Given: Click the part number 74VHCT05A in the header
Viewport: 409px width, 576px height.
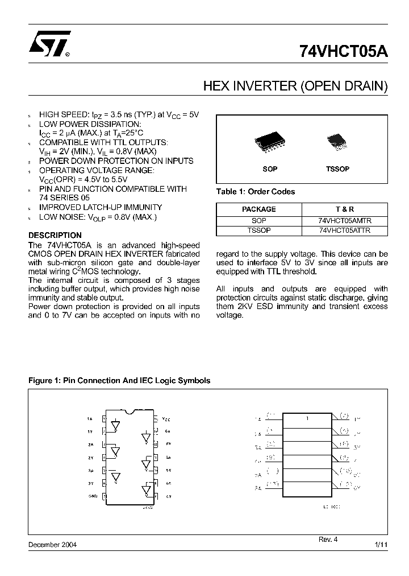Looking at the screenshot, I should [344, 52].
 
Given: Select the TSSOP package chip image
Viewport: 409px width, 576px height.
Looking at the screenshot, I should [337, 142].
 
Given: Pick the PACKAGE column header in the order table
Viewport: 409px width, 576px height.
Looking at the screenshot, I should [258, 209].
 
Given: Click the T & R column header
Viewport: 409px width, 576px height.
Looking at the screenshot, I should [345, 209].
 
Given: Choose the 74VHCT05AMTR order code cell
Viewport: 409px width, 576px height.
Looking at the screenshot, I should [345, 220].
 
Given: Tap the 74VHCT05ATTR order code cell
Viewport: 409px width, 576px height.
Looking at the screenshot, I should [345, 231].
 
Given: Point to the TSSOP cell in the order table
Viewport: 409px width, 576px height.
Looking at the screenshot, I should [258, 231].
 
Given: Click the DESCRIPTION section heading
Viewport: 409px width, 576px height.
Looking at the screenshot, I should [55, 235].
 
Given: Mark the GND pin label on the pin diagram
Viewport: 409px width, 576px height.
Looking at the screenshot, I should [94, 496].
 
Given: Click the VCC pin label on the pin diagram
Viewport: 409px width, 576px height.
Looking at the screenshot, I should [166, 418].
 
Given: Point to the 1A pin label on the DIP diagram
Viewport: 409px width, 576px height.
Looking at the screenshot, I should [90, 418].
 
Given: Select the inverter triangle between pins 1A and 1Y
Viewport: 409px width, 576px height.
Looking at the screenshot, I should [116, 425].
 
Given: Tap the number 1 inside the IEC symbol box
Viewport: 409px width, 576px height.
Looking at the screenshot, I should [307, 418].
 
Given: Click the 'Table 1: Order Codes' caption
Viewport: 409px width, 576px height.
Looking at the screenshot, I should [256, 192].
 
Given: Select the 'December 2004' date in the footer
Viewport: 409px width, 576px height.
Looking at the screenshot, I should [52, 545].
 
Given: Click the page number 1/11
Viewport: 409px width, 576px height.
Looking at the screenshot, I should [381, 545].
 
